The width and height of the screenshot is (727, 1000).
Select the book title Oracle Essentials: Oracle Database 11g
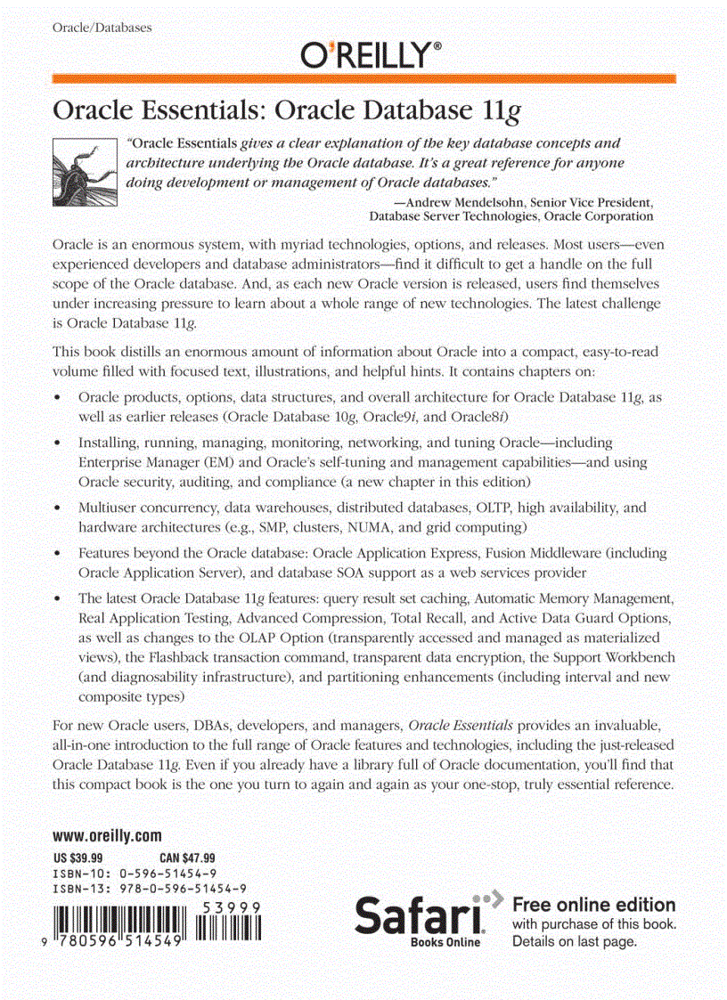tap(287, 110)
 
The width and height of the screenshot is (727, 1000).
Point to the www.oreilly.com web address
tap(107, 835)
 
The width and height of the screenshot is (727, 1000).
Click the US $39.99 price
tap(78, 858)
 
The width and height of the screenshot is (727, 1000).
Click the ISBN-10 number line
tap(134, 873)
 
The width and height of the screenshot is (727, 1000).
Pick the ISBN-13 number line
tap(149, 888)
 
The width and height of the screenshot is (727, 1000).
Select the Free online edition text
tap(594, 905)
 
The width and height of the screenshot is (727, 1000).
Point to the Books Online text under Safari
tap(445, 942)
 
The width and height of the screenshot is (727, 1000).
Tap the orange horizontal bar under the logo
tap(363, 78)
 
